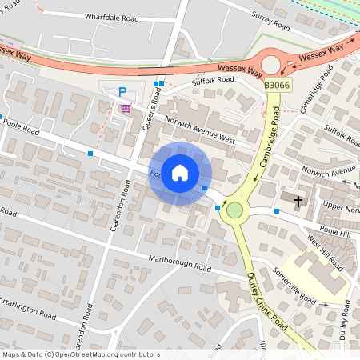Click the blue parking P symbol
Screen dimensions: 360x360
[122, 92]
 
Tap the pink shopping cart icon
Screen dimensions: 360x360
[125, 108]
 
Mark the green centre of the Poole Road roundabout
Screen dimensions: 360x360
[234, 210]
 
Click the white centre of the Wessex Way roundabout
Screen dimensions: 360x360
[271, 64]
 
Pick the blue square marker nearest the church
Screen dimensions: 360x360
[277, 211]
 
